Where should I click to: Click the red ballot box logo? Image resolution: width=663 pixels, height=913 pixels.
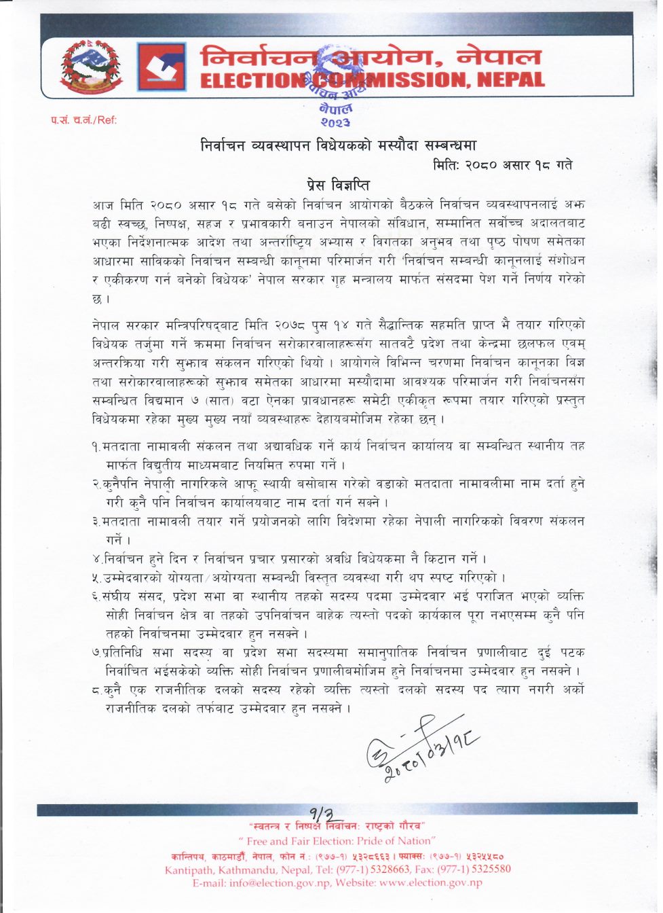tap(162, 67)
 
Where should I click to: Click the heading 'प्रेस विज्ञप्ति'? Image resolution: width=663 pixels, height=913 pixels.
tap(337, 185)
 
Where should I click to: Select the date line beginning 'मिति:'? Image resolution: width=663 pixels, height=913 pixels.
tap(502, 165)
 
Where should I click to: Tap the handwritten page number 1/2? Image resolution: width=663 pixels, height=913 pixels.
tap(321, 813)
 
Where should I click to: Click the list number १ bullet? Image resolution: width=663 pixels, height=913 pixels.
tap(96, 446)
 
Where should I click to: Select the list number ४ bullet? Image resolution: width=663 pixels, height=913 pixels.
tap(97, 559)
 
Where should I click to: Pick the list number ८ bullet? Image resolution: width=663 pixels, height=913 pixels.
tap(97, 690)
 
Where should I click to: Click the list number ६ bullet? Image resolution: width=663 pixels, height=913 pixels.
tap(97, 596)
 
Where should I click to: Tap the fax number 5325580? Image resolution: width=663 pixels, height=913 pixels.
tap(486, 869)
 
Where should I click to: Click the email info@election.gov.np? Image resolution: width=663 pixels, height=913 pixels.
tap(280, 882)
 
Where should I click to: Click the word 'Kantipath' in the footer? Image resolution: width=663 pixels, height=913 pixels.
tap(190, 869)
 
